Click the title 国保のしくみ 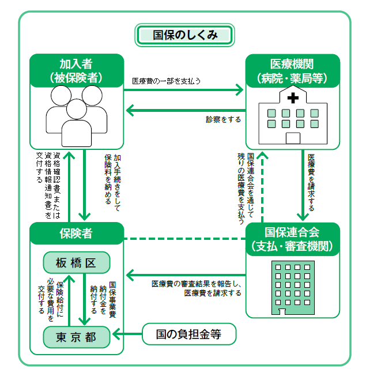tap(184, 35)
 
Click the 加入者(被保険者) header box tap(77, 70)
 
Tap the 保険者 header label tap(77, 234)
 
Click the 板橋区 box tap(77, 263)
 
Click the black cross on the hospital tap(293, 98)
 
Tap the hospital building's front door tap(293, 137)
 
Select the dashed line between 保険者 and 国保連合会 tap(184, 239)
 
